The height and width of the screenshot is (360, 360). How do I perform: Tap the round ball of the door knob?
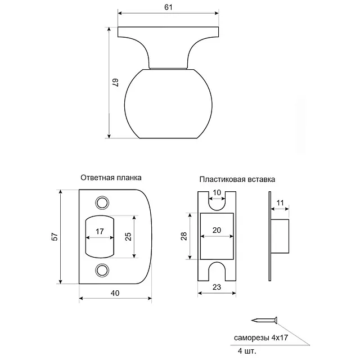169,104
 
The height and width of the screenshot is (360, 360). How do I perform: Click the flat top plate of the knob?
169,33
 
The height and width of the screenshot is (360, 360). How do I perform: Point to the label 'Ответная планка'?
111,177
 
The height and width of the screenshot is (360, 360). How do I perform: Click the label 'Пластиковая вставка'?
237,180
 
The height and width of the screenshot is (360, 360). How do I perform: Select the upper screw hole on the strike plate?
102,202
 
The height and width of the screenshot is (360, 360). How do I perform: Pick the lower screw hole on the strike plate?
102,270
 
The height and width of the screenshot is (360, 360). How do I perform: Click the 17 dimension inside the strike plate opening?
99,231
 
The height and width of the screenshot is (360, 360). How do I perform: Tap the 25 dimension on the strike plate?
128,236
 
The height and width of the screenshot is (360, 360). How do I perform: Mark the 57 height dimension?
55,237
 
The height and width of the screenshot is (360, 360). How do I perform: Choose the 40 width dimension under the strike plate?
115,293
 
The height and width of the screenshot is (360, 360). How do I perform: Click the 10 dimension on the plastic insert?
217,193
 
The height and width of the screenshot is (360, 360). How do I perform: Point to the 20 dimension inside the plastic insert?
217,231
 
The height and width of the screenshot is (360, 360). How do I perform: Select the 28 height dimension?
183,237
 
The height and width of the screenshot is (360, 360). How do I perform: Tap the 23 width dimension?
216,286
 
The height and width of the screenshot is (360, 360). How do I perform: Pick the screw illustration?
264,321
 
